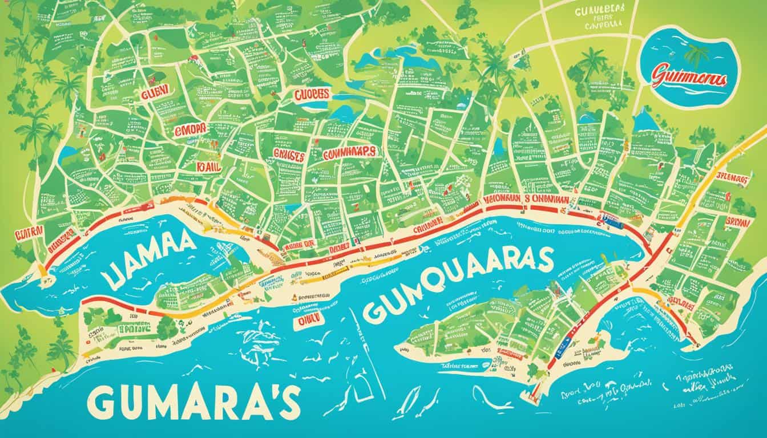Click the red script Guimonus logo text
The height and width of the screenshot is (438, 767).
click(x=690, y=79)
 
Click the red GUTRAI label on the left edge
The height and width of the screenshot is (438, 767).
click(x=28, y=234)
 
